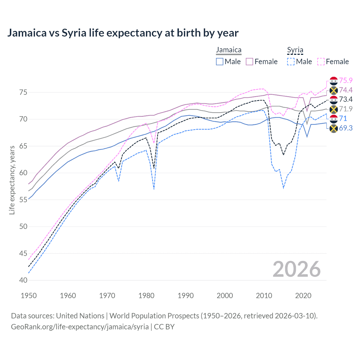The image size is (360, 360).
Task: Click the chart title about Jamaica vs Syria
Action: [x=123, y=33]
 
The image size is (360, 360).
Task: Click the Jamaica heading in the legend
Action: [x=229, y=50]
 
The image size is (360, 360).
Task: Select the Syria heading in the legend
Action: [x=295, y=50]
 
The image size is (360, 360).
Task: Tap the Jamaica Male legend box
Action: [x=220, y=62]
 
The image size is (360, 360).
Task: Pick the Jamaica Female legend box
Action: [x=249, y=62]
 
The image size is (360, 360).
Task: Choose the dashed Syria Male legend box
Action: [x=291, y=62]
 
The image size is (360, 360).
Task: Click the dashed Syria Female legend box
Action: [x=321, y=62]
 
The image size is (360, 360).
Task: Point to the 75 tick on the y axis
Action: [x=23, y=93]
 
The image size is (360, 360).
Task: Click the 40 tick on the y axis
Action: [x=23, y=280]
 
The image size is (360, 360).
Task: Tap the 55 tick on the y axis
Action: [x=23, y=200]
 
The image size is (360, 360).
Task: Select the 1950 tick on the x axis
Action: [x=29, y=296]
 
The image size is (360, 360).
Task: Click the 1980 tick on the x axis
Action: [x=147, y=296]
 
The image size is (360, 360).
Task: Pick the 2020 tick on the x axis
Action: [x=303, y=296]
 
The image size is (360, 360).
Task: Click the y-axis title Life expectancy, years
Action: [x=12, y=180]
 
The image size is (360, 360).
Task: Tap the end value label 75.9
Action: [x=346, y=80]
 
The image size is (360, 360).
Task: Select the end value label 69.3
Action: [x=346, y=128]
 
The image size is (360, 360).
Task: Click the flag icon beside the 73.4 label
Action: [x=334, y=100]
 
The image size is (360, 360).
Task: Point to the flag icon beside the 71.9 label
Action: [x=334, y=109]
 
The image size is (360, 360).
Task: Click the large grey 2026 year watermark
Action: [x=296, y=269]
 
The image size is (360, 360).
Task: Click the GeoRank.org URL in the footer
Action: [x=80, y=327]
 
